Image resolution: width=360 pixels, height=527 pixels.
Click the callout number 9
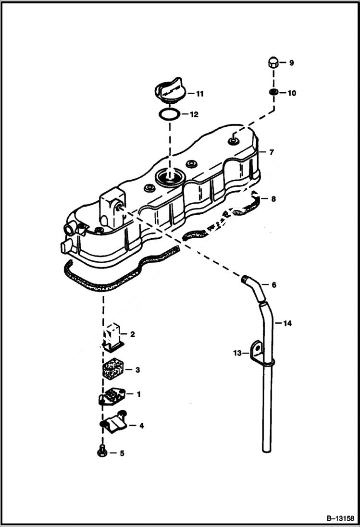point(291,63)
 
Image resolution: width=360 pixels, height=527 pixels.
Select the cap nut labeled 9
point(273,63)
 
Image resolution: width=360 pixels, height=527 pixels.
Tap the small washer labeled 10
point(273,92)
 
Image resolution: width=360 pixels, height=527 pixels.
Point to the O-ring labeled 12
point(169,115)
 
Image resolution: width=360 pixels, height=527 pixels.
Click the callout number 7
point(272,152)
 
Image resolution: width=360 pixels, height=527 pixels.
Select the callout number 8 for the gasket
point(273,198)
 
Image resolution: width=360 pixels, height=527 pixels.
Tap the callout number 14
point(287,323)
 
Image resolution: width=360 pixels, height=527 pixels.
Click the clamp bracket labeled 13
point(258,354)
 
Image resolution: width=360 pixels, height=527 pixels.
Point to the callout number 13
point(237,353)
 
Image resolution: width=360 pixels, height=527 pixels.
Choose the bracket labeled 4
point(114,424)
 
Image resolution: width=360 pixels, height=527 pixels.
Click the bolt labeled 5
point(102,452)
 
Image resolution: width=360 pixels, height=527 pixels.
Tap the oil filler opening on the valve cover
point(169,177)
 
